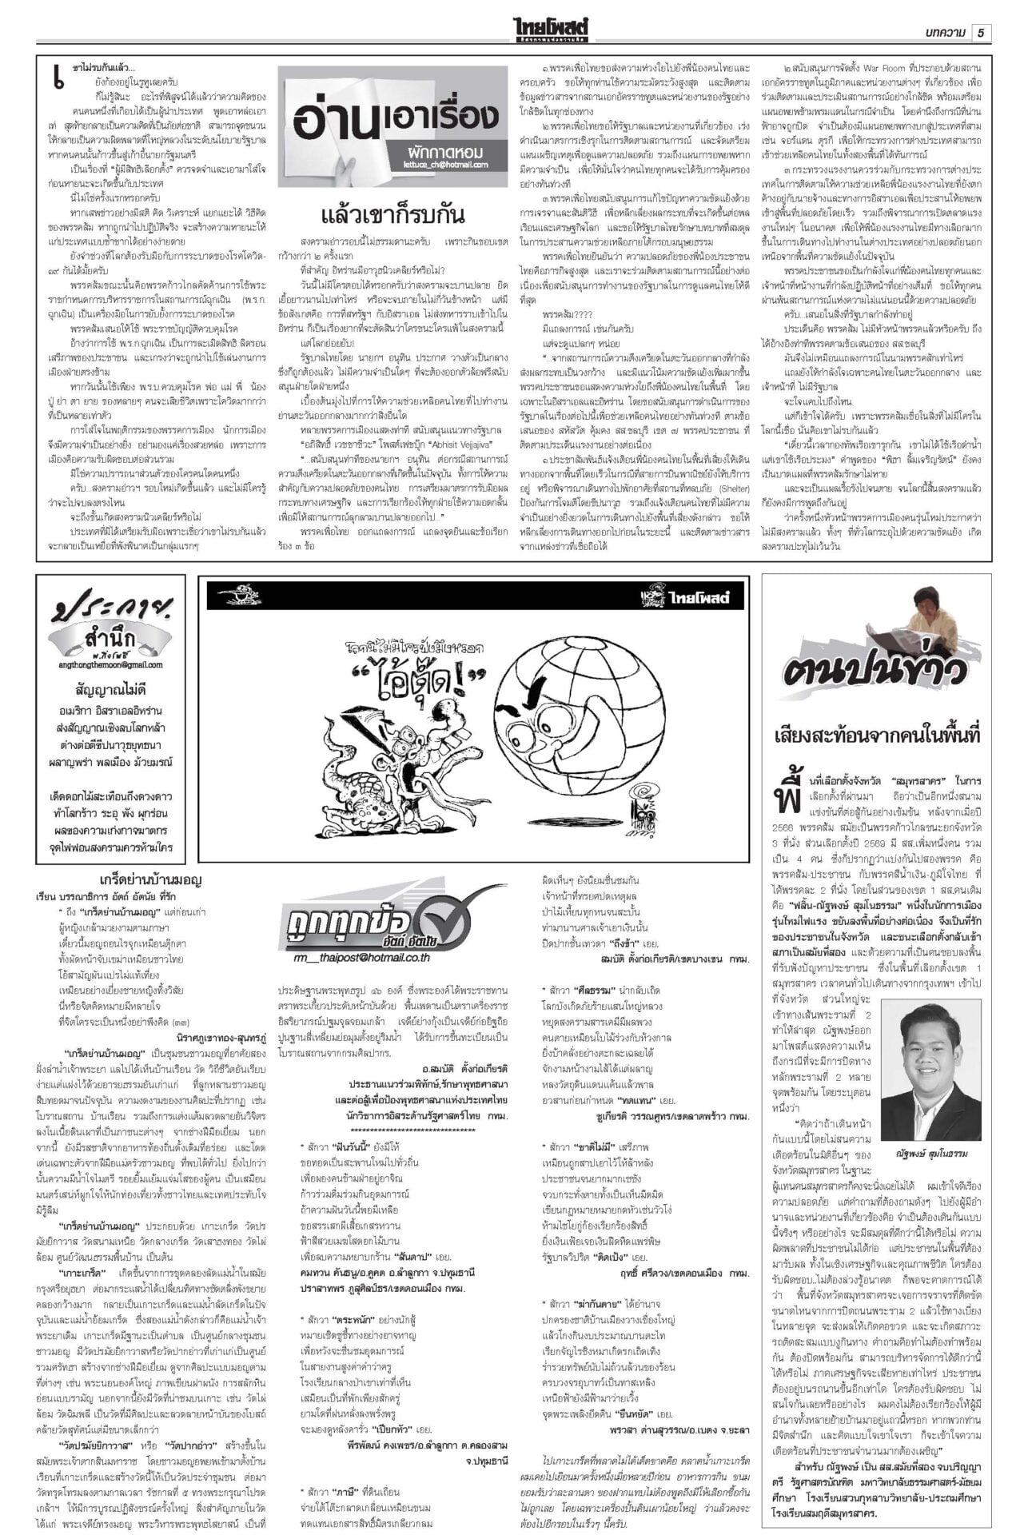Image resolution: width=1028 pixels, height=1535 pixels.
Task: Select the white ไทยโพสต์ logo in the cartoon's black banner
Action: (694, 596)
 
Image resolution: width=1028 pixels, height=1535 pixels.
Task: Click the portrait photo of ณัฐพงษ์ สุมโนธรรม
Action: (930, 1045)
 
